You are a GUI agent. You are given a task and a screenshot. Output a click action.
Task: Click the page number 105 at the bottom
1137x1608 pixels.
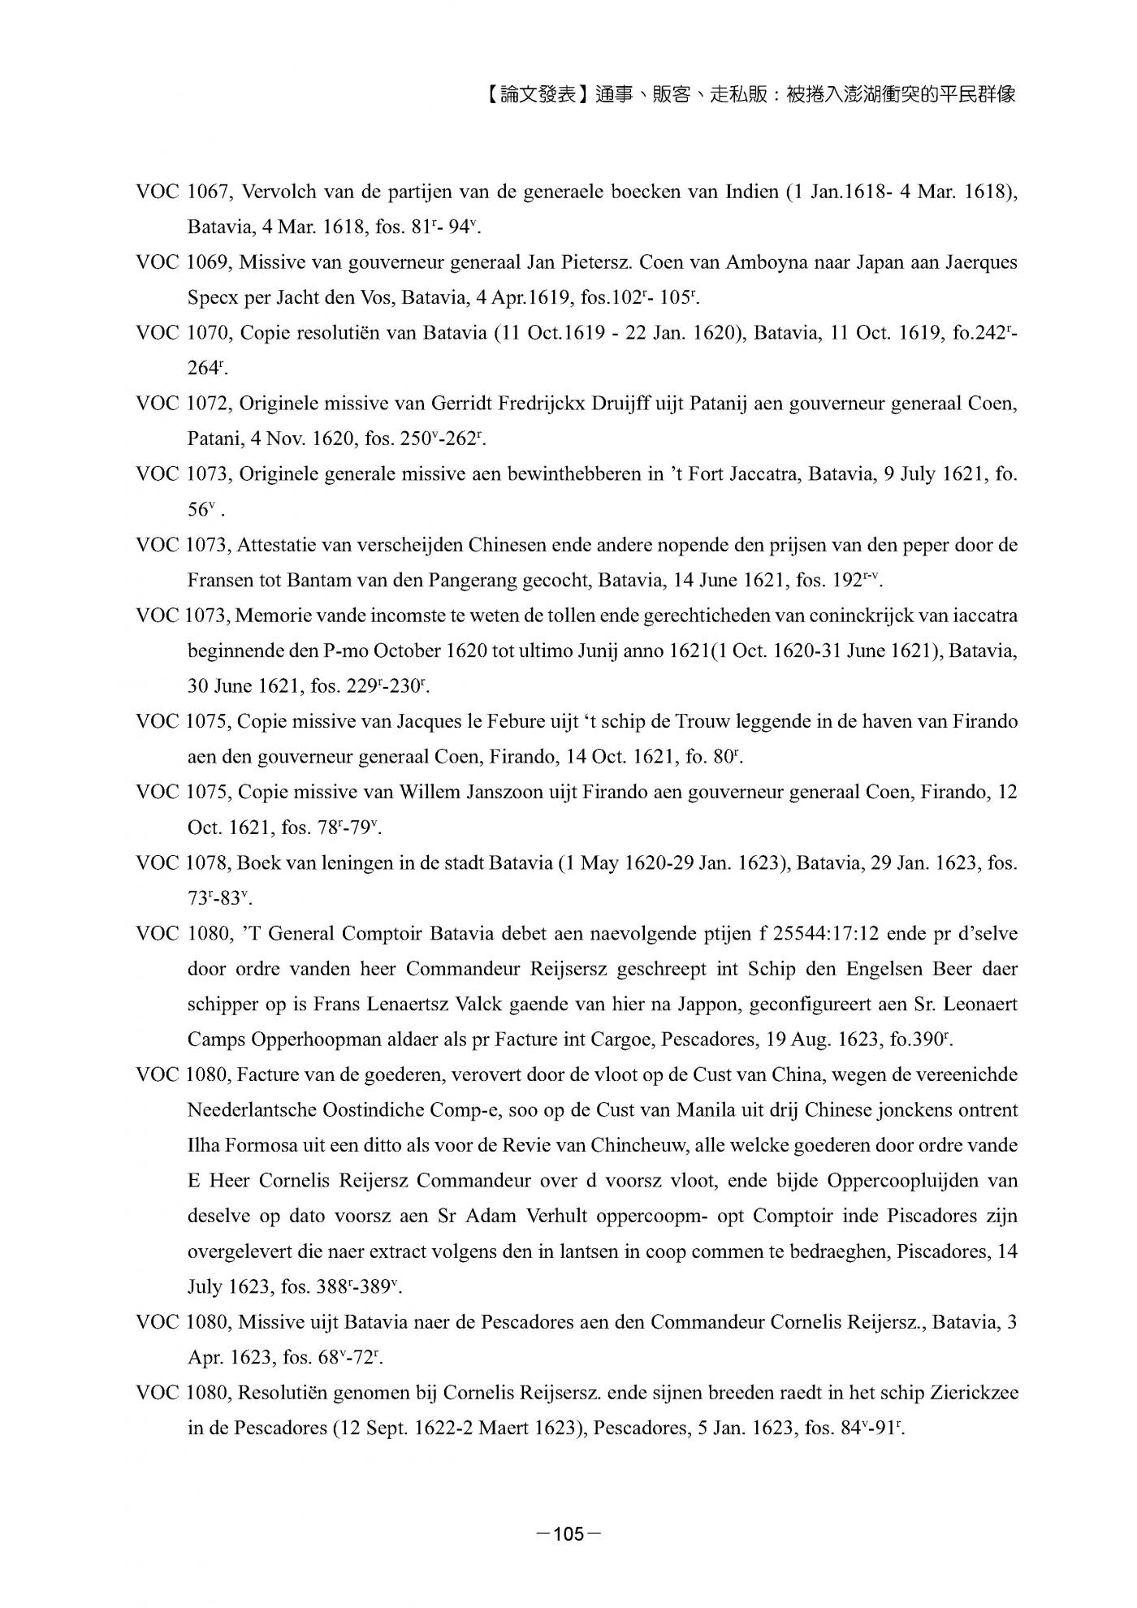click(x=568, y=1534)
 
